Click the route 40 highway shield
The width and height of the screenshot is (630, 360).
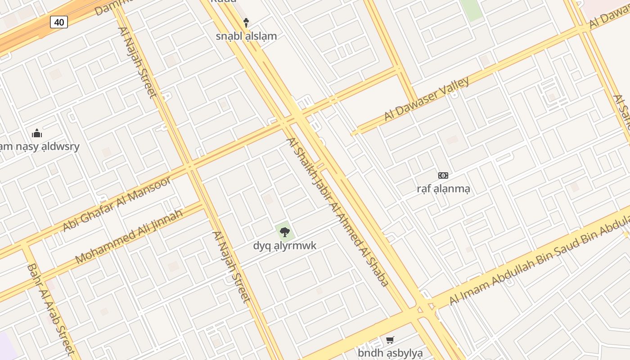[x=59, y=22]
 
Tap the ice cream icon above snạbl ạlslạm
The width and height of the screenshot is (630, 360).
[x=246, y=22]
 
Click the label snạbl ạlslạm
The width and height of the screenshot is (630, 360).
[x=246, y=36]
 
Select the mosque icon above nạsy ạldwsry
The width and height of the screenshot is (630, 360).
[x=37, y=133]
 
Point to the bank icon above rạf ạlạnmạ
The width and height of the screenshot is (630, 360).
[x=443, y=175]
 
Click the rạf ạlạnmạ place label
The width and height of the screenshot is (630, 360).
[x=443, y=189]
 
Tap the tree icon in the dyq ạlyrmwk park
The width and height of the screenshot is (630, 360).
[x=284, y=232]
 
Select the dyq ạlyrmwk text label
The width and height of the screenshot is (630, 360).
[x=284, y=246]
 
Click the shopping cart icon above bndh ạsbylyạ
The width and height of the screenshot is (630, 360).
[x=390, y=340]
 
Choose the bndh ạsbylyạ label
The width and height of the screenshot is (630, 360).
[x=390, y=353]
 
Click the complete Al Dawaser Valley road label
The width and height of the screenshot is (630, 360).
[x=426, y=99]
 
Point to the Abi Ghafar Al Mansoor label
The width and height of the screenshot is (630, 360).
[x=117, y=204]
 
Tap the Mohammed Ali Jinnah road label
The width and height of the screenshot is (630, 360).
[x=129, y=236]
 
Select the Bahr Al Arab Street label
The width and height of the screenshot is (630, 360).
[x=50, y=310]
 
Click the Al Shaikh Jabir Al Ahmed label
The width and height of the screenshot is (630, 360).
[x=337, y=212]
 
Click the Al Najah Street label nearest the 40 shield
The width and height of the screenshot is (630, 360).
[x=137, y=62]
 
